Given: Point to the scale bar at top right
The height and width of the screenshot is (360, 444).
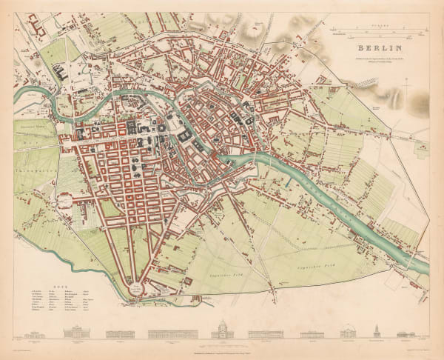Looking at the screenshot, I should click(x=377, y=31).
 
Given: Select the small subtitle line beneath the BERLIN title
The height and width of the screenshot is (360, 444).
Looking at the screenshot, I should click(x=377, y=59).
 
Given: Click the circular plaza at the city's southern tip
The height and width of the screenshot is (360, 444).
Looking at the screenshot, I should click(x=136, y=290).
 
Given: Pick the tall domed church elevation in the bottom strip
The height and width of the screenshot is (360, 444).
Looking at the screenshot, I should click(x=223, y=330).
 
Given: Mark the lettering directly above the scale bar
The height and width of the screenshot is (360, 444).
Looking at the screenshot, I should click(x=377, y=24).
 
